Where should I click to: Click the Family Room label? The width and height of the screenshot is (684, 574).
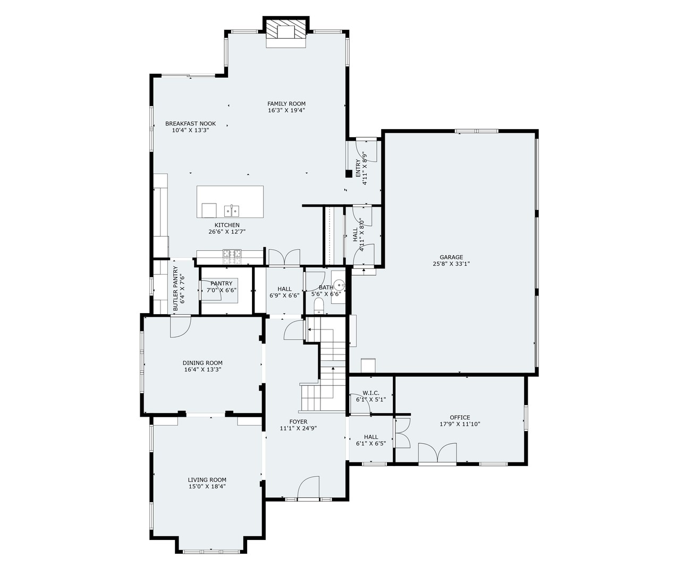point(286,104)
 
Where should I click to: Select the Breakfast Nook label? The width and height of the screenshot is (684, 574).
point(190,123)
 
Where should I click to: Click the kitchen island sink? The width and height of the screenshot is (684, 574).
point(231,211)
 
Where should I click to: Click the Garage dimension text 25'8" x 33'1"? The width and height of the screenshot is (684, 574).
point(451,264)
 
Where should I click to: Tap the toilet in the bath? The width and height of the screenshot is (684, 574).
point(319,304)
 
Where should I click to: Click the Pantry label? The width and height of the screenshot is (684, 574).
point(221,283)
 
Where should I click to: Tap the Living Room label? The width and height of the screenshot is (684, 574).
point(207,479)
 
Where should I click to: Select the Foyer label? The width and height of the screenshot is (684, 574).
point(298,421)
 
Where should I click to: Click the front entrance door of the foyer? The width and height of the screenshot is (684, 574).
point(308,488)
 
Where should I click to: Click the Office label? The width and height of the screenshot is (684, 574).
point(460,417)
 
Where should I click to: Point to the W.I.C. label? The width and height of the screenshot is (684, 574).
point(370,393)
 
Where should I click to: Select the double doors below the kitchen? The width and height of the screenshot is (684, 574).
point(284,257)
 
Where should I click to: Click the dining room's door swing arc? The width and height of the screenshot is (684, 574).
point(180,326)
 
